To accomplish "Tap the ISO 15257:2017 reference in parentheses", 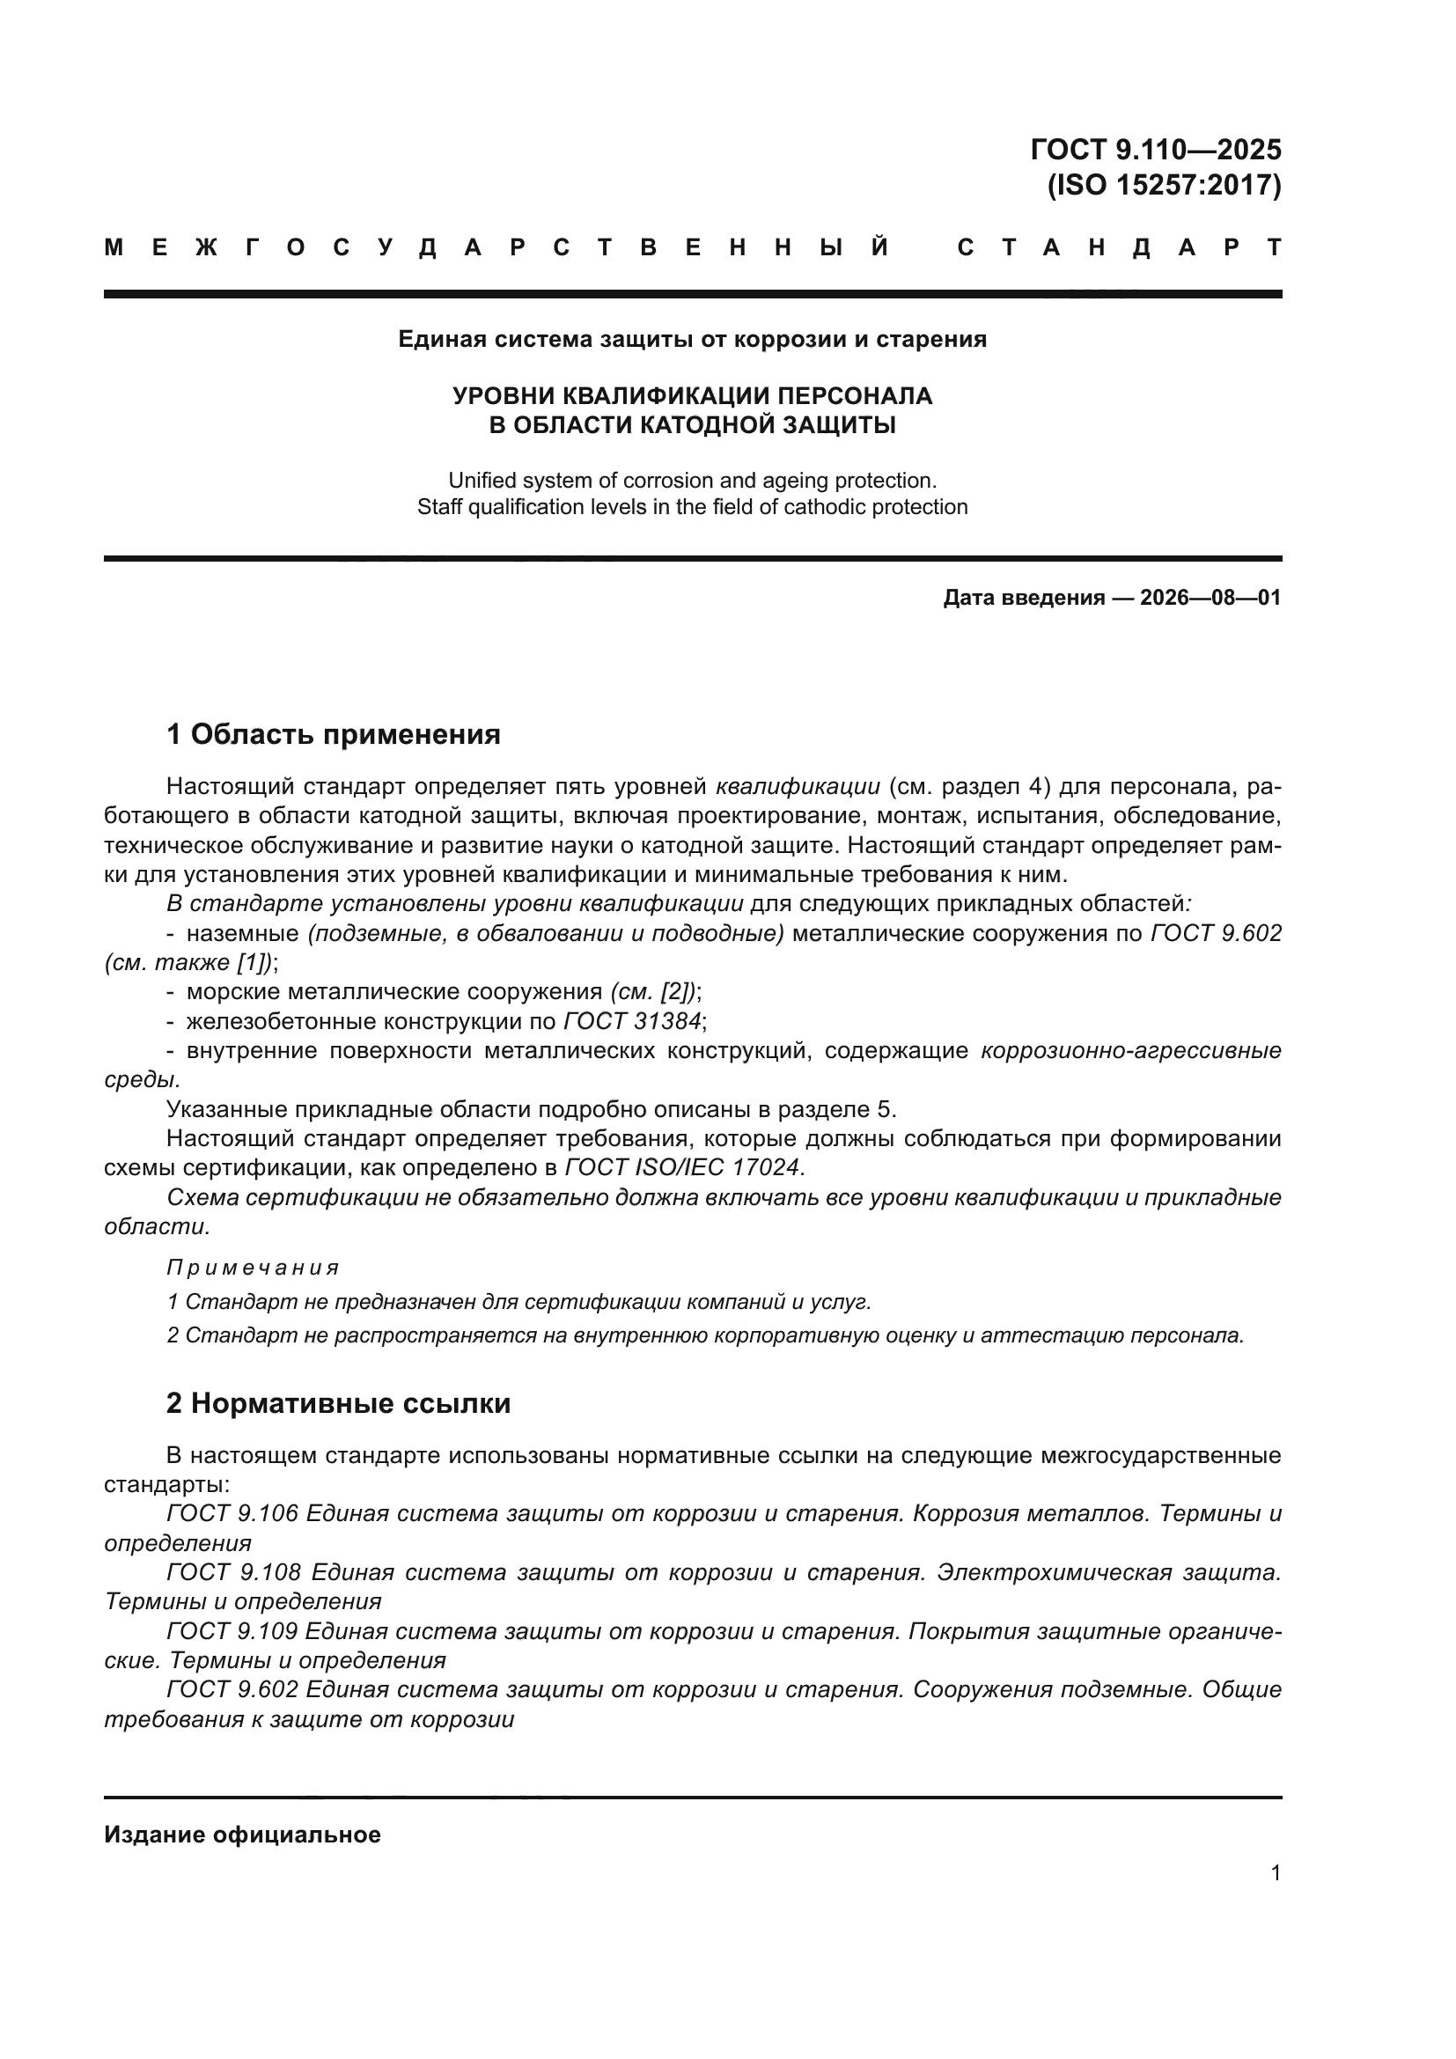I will click(x=1164, y=185).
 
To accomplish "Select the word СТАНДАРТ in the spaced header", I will click(x=1119, y=247).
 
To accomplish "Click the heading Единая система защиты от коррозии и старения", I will click(x=692, y=339).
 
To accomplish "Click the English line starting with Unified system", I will click(x=692, y=480).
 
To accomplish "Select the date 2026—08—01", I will click(x=1210, y=597).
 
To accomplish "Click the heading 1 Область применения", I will click(x=334, y=734).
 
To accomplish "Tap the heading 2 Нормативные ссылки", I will click(x=338, y=1402).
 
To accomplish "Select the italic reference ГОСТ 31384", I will click(x=632, y=1020).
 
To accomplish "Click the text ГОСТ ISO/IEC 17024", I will click(x=682, y=1166).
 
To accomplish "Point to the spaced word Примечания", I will click(x=253, y=1267).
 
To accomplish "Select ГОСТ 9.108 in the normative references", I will click(x=233, y=1571).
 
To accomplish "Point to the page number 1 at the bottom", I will click(x=1275, y=1872).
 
